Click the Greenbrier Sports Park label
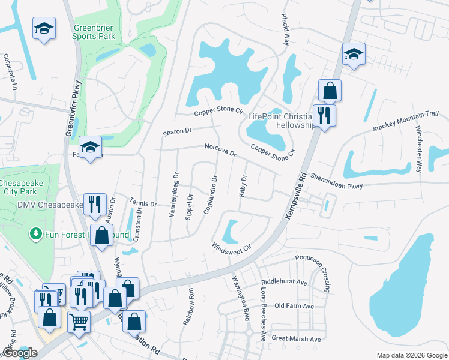[94, 32]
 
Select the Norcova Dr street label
[221, 149]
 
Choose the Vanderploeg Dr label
[174, 196]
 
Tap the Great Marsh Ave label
[297, 339]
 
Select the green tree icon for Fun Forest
[37, 233]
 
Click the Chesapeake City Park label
[26, 187]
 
